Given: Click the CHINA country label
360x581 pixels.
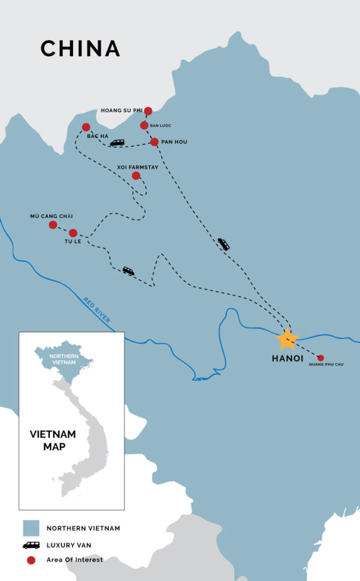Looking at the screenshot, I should click(x=80, y=49).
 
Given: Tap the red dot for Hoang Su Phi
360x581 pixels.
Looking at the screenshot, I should click(x=149, y=111).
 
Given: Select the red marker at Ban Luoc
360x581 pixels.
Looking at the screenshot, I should click(x=144, y=125).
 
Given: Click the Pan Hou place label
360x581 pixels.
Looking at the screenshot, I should click(x=174, y=142).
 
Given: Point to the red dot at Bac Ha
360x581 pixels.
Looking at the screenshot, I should click(x=86, y=127).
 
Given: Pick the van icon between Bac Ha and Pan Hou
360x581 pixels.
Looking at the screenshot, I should click(x=117, y=143).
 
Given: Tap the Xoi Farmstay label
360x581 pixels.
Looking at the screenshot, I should click(x=136, y=167).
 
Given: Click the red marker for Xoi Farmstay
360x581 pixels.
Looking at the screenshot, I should click(x=136, y=176).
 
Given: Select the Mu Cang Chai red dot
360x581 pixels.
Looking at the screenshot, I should click(x=53, y=225).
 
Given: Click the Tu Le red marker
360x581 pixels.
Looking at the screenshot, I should click(x=73, y=233).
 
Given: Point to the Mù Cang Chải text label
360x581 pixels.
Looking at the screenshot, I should click(x=52, y=216).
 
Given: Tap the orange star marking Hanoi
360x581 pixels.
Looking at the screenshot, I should click(x=287, y=339).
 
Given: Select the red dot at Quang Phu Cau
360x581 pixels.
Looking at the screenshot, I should click(x=320, y=358).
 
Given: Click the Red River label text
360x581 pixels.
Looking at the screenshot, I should click(x=96, y=310).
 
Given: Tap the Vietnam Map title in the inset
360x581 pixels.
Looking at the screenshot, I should click(x=53, y=440).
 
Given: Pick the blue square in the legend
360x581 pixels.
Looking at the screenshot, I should click(x=31, y=528).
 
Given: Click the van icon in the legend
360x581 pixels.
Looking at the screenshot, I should click(x=31, y=545).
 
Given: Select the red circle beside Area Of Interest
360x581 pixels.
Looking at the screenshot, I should click(x=31, y=560).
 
